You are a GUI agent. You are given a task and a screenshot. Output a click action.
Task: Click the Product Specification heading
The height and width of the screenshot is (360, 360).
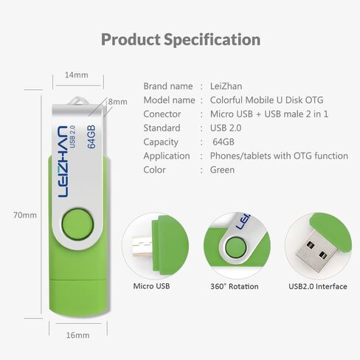[x=180, y=39]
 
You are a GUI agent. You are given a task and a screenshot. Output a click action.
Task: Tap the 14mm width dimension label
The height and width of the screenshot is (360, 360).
[x=76, y=75]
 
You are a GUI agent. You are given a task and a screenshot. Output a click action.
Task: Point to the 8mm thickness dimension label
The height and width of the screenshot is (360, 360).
[x=117, y=102]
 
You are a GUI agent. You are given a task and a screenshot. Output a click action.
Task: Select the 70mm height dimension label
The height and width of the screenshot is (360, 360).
[x=24, y=215]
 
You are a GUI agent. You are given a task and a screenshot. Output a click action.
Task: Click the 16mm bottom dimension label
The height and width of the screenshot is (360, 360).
[x=77, y=336]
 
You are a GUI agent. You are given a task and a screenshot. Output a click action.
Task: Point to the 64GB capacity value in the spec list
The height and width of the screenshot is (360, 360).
[x=223, y=142]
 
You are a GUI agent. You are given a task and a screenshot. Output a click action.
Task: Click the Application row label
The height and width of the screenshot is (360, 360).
[x=167, y=156]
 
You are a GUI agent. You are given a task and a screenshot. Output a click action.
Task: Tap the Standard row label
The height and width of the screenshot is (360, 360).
[x=162, y=128]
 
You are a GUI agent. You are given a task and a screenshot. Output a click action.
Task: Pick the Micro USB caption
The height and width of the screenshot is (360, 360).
[x=153, y=285]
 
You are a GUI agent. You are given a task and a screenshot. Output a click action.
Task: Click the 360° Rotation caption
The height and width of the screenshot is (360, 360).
[x=234, y=285]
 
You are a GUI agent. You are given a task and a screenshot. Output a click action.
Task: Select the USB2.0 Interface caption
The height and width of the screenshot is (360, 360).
[x=317, y=285]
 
